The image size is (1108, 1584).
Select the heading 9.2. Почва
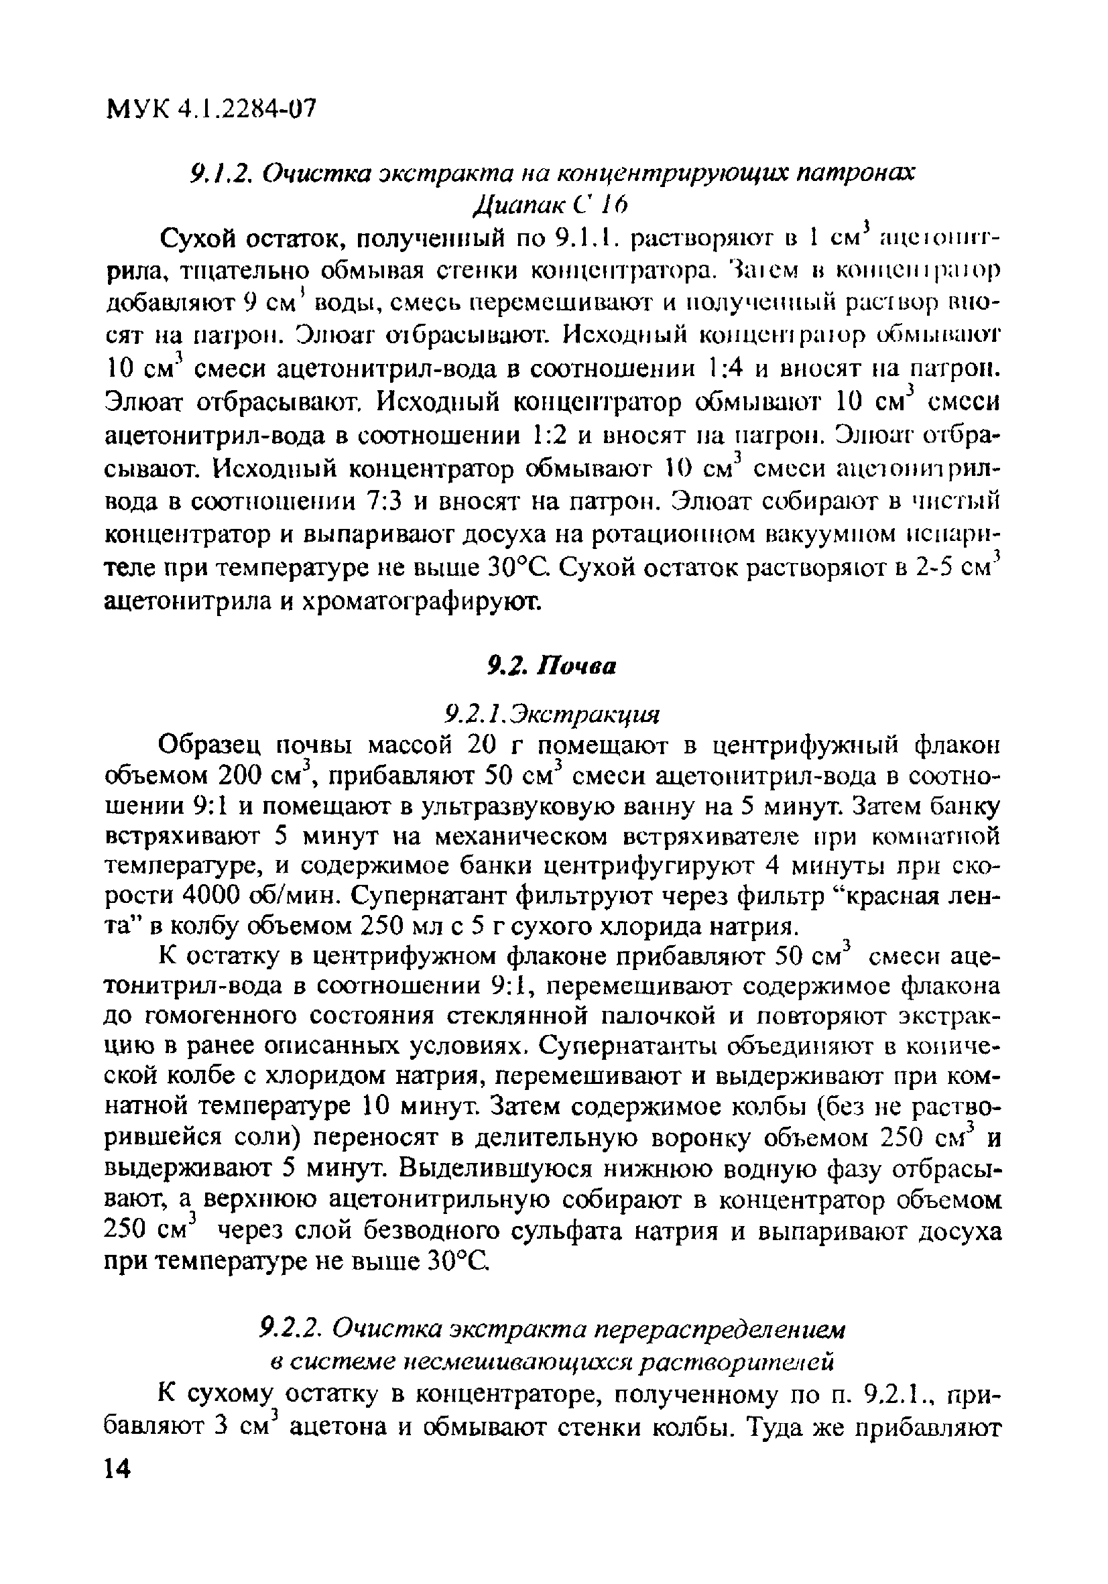click(551, 666)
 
